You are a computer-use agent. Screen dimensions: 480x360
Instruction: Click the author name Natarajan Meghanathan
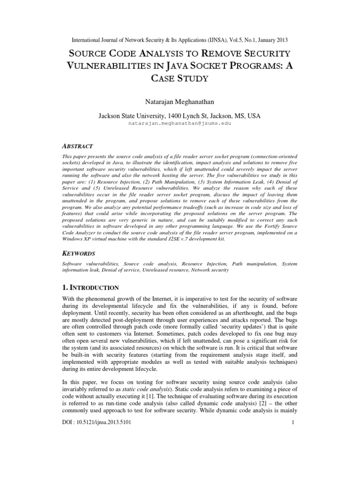[x=180, y=101]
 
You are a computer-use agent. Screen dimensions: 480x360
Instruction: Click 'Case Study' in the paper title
[x=180, y=79]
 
